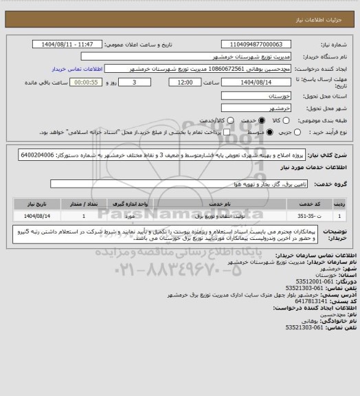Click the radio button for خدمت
(253, 119)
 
